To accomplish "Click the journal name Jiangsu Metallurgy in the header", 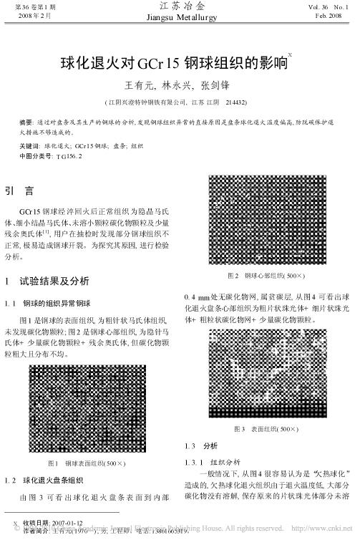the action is click(179, 17).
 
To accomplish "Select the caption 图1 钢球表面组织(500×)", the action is click(87, 463).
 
